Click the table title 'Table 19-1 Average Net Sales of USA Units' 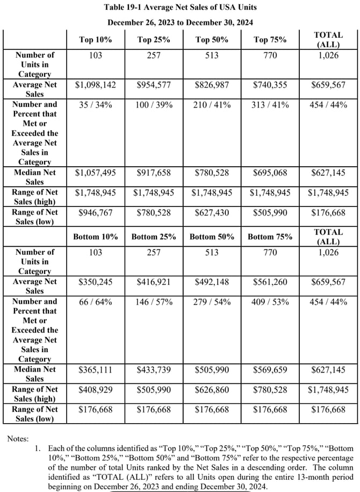click(179, 8)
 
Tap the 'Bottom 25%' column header click(153, 237)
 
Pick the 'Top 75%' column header click(270, 39)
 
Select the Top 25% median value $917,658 click(153, 173)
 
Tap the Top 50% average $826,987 click(212, 84)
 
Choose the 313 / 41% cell click(270, 104)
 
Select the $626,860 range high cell click(212, 390)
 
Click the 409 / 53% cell click(270, 302)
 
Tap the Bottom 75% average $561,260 click(270, 282)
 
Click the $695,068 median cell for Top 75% click(270, 173)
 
